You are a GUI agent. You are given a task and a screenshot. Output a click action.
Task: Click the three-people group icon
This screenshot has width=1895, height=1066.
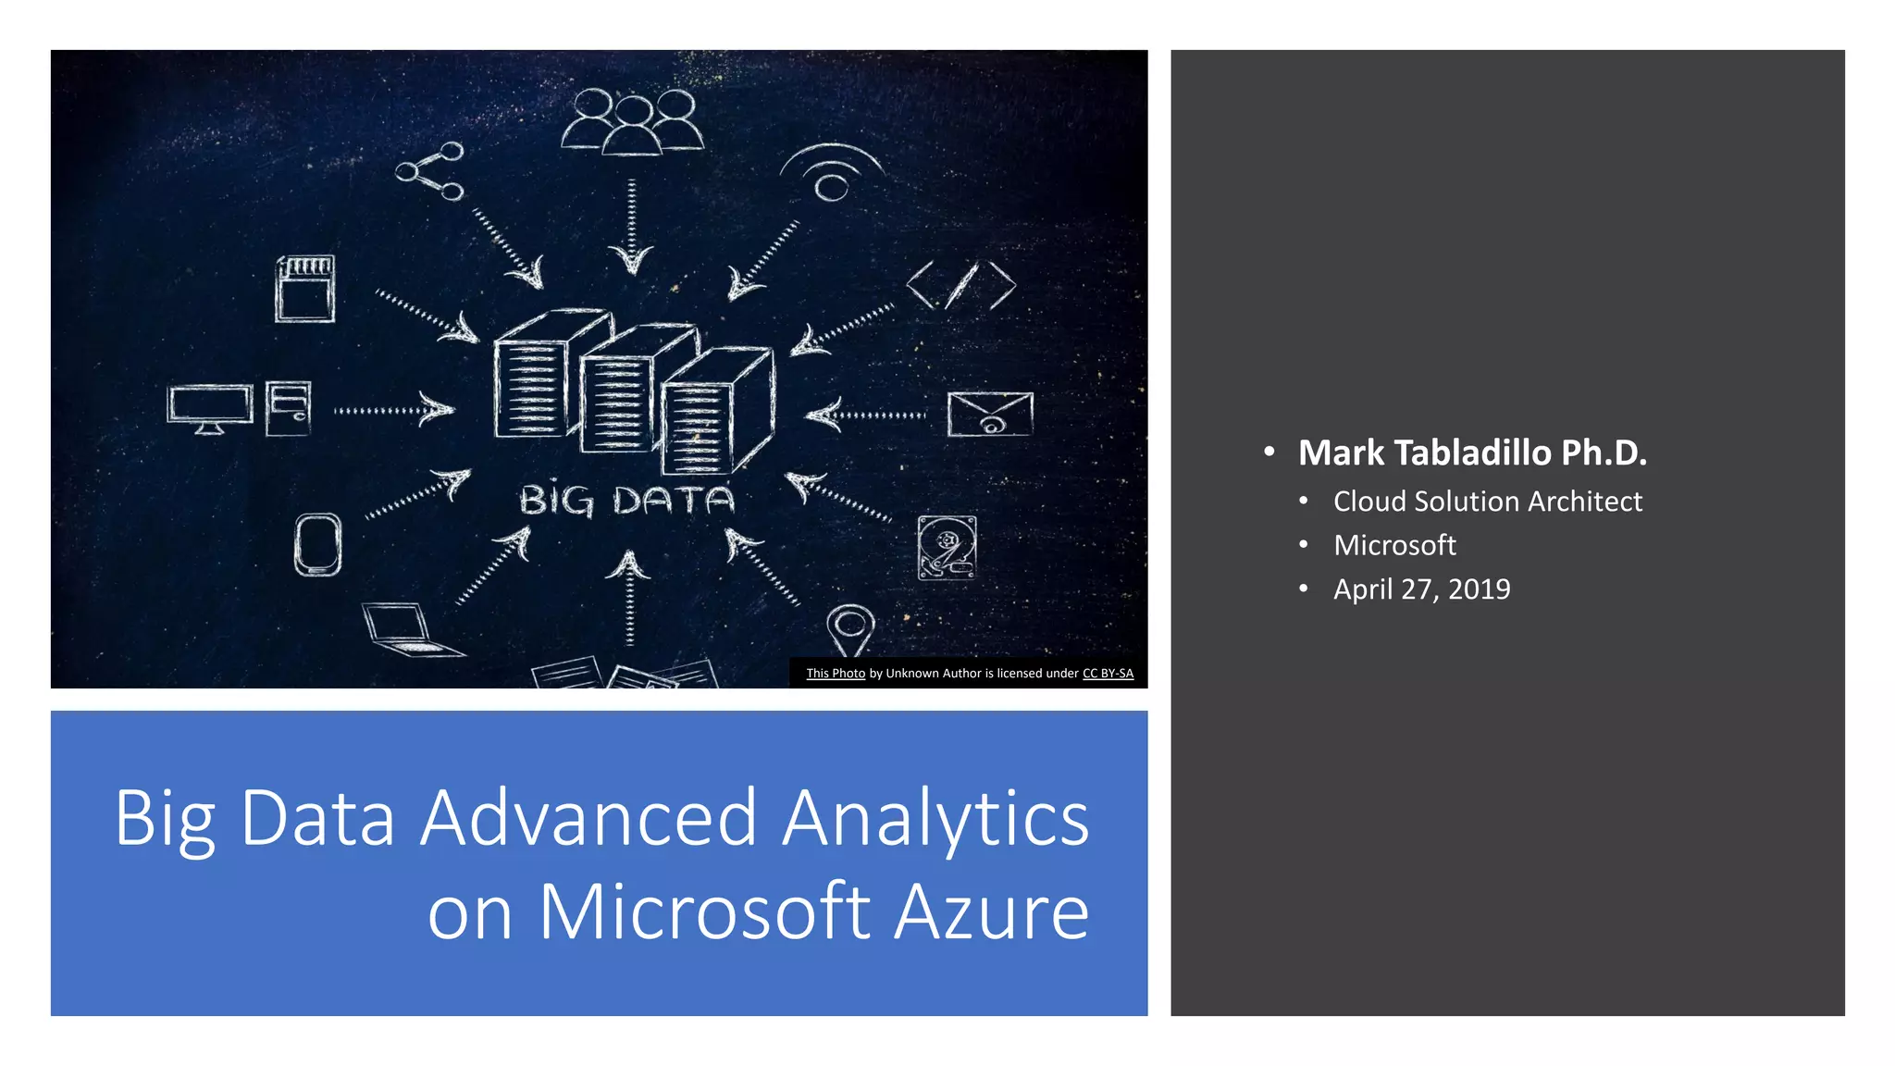click(x=632, y=121)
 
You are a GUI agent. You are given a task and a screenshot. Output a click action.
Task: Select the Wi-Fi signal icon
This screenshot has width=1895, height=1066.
click(x=831, y=173)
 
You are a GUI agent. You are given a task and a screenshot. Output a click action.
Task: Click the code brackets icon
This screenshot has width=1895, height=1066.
click(x=960, y=285)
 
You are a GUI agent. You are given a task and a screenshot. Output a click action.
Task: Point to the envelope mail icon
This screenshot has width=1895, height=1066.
click(x=990, y=414)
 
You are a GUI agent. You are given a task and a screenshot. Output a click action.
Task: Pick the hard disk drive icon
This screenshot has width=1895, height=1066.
click(x=947, y=548)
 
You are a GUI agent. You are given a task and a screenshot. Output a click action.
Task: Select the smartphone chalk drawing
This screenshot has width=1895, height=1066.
click(x=317, y=544)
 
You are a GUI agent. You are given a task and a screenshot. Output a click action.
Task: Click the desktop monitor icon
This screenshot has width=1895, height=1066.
click(x=210, y=408)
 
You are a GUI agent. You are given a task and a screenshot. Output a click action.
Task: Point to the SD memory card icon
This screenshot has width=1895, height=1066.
click(x=305, y=289)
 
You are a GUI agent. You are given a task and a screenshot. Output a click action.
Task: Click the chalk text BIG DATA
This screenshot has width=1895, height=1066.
click(x=626, y=501)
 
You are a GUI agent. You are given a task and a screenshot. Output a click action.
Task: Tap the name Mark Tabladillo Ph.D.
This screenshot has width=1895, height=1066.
click(x=1472, y=452)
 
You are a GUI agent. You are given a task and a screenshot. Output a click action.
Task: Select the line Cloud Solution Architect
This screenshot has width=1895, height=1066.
click(x=1487, y=502)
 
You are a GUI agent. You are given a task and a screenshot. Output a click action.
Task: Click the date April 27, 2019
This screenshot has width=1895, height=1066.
click(x=1421, y=589)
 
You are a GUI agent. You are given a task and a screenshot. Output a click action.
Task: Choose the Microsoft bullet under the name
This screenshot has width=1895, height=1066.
click(x=1394, y=546)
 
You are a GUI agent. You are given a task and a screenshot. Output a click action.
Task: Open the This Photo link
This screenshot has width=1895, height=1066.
click(x=836, y=674)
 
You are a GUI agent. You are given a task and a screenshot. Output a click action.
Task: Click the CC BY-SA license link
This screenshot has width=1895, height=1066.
click(x=1108, y=674)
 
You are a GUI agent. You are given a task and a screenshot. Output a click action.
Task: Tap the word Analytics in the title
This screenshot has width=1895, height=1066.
click(x=935, y=819)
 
